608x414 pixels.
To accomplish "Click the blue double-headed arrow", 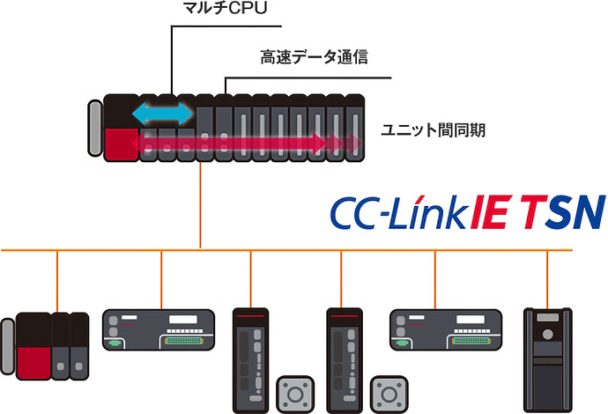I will pyautogui.click(x=161, y=113).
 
